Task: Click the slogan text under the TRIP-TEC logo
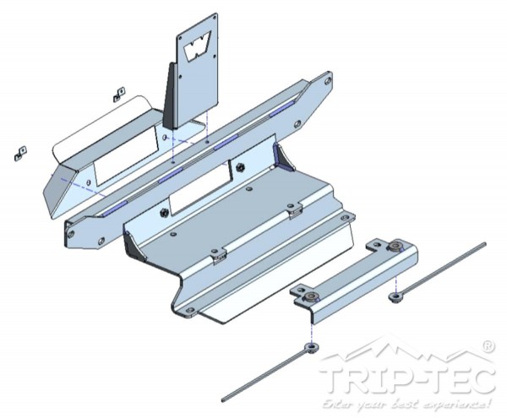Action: (406, 404)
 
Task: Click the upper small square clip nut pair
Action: (119, 94)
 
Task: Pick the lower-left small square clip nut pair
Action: (20, 154)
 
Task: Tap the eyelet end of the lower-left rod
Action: (312, 348)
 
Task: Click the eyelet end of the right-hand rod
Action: (395, 297)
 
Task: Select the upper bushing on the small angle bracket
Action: (395, 247)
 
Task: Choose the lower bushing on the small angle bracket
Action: (311, 297)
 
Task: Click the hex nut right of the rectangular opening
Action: (240, 167)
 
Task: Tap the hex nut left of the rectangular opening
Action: (164, 212)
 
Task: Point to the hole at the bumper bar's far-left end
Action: (71, 233)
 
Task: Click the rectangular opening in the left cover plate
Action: (126, 156)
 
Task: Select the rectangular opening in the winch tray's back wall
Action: (200, 188)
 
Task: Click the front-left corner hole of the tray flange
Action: (190, 311)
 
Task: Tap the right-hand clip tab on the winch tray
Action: (294, 211)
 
